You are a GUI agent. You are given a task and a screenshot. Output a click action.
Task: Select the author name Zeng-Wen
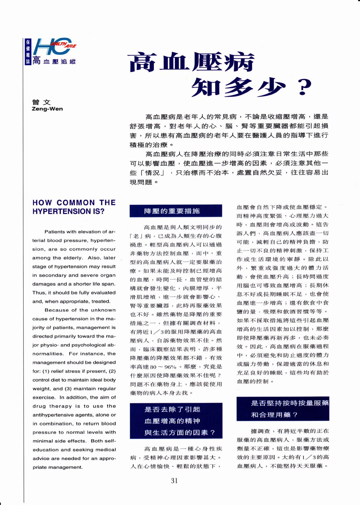click(47, 109)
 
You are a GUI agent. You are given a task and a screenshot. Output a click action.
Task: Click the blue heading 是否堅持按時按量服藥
click(290, 403)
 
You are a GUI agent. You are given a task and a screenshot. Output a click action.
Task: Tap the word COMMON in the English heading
click(76, 203)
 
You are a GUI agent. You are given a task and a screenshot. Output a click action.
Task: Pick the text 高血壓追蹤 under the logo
click(54, 61)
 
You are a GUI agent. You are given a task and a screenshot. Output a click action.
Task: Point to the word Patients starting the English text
click(55, 232)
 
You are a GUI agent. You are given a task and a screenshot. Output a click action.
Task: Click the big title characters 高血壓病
click(192, 63)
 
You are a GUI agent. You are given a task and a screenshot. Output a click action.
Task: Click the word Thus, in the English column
click(39, 293)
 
